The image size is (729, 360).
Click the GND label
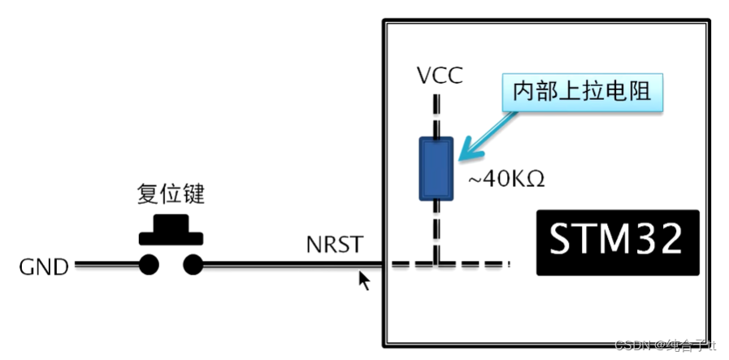[x=45, y=266]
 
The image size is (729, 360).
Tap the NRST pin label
[x=333, y=244]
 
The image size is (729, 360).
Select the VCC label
[x=439, y=76]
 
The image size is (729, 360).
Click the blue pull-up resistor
[x=436, y=168]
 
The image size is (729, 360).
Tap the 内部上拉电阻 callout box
[x=582, y=92]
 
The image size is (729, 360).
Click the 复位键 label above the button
[x=171, y=196]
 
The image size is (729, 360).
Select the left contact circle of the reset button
[x=149, y=264]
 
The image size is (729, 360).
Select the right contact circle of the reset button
[x=193, y=264]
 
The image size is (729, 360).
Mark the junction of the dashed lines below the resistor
[x=437, y=263]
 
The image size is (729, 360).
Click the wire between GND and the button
[x=106, y=264]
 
